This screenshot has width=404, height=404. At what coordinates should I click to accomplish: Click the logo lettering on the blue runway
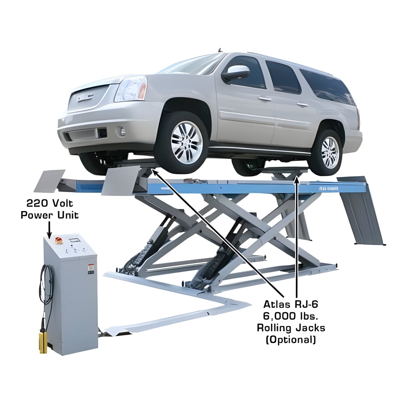pos(329,189)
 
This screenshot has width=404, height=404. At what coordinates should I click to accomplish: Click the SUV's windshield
pos(190,65)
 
